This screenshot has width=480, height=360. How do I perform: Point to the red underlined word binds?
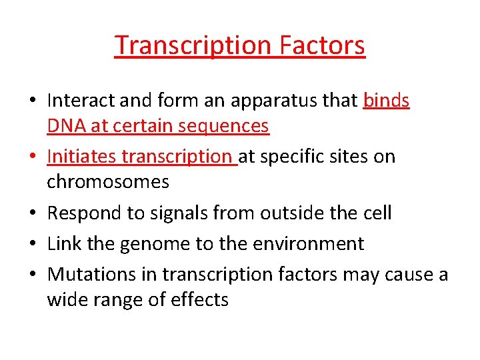[x=386, y=101]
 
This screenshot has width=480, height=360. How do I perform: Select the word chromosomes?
[x=108, y=181]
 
